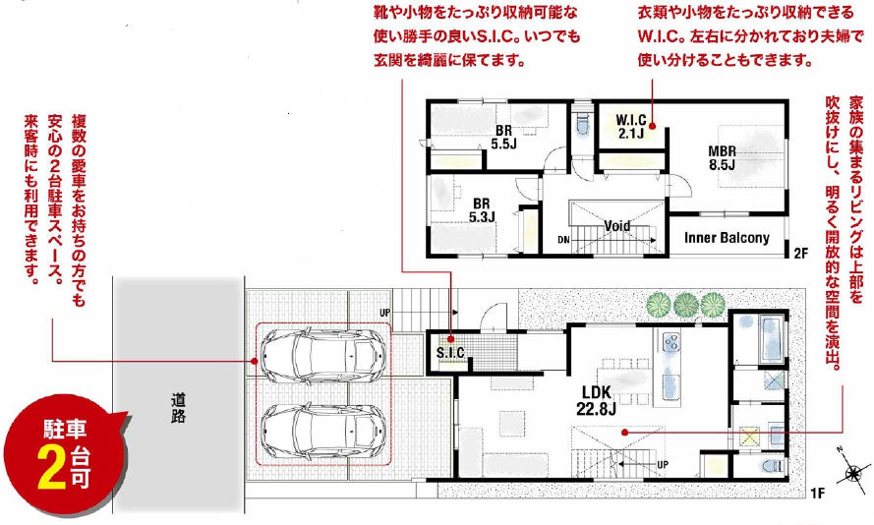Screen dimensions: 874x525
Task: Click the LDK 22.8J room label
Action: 596,399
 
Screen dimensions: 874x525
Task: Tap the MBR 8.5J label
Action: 722,157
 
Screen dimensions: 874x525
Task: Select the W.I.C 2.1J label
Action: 631,127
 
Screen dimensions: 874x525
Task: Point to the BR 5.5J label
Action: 504,137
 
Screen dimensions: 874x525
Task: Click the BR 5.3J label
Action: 482,210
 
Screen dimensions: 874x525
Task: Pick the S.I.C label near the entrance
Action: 450,352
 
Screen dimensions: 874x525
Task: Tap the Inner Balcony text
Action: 727,238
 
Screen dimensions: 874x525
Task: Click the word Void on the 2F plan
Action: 617,226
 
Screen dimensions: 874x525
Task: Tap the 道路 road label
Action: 178,408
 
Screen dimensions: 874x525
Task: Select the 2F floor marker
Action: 800,254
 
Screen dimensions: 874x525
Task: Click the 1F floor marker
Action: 817,493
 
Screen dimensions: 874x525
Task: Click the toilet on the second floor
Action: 583,124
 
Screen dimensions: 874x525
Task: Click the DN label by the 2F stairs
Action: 563,240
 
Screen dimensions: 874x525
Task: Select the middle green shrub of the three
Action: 685,305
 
